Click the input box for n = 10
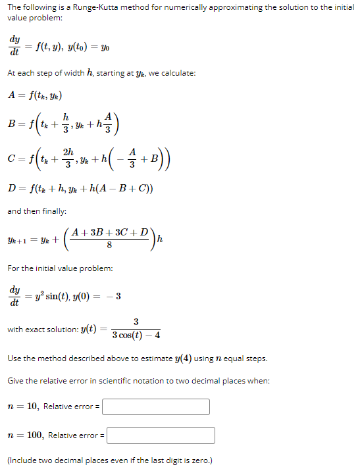pos(156,407)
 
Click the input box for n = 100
pos(161,435)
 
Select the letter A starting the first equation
pos(11,94)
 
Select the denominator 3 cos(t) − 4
pos(135,335)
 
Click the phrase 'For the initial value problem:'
pos(60,268)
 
